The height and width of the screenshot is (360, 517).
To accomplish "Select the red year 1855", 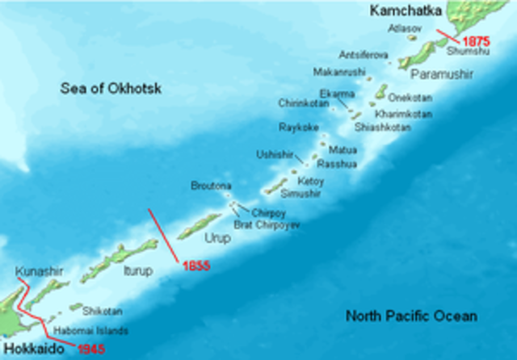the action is tap(197, 266).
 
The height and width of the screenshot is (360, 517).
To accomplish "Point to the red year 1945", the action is tap(90, 349).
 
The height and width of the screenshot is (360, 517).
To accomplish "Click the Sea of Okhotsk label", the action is tap(111, 88).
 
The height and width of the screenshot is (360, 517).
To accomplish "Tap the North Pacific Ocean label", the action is tap(411, 316).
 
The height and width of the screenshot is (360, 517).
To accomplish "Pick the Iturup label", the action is tap(137, 272).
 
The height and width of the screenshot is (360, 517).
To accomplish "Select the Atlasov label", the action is tap(403, 27).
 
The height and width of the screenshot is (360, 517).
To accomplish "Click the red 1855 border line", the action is tap(162, 235).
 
